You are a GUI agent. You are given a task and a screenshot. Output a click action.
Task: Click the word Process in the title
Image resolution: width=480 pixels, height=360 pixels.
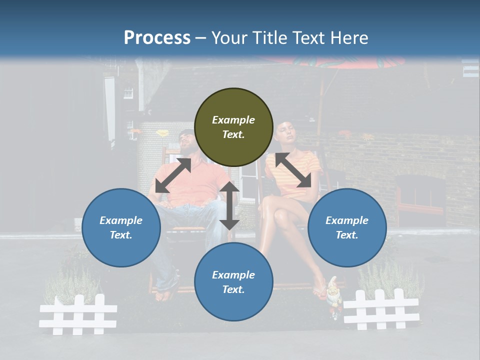[157, 37]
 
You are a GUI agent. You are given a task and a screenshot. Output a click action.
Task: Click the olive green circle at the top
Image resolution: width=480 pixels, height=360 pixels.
[233, 127]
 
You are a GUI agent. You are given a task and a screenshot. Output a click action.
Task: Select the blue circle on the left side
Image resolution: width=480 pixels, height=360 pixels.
[121, 227]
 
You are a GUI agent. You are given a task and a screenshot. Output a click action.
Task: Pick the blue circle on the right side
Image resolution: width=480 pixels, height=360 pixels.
[346, 227]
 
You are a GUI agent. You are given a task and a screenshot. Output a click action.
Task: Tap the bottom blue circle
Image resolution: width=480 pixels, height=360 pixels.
[233, 282]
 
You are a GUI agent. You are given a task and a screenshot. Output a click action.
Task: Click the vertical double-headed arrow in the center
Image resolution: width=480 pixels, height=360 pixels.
[229, 205]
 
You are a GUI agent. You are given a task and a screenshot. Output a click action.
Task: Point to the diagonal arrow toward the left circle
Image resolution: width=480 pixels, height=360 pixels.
[173, 175]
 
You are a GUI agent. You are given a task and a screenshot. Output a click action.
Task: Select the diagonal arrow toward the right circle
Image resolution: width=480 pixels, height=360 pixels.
[292, 170]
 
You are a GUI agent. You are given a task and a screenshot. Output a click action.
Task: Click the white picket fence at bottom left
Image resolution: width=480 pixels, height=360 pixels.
[78, 314]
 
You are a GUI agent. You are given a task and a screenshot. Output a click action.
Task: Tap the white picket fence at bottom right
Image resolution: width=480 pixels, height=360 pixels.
[381, 309]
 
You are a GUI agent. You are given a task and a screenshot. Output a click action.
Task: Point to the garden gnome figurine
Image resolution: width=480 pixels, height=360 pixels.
[333, 297]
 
